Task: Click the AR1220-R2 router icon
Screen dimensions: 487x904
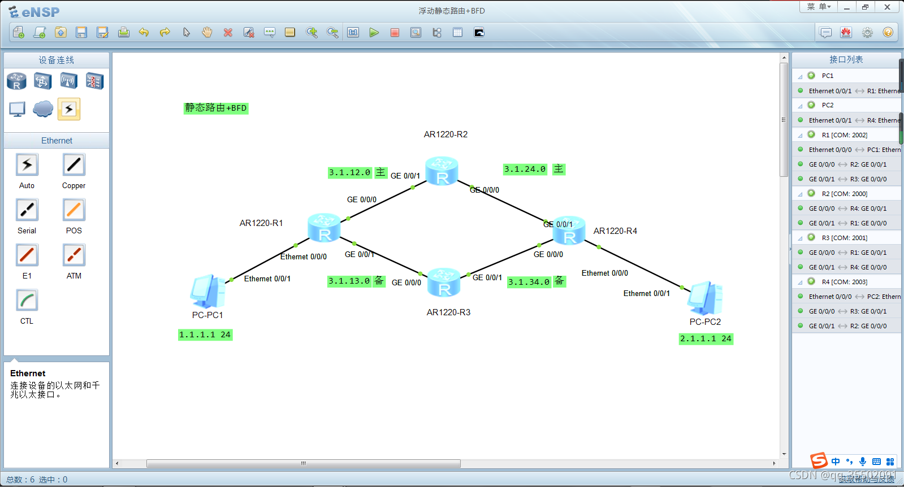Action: pyautogui.click(x=442, y=171)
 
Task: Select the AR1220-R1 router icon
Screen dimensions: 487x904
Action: pyautogui.click(x=324, y=228)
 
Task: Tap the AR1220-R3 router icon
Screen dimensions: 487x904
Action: pyautogui.click(x=444, y=282)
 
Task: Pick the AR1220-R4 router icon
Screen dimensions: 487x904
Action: pyautogui.click(x=569, y=231)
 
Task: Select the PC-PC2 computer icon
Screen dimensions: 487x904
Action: pyautogui.click(x=704, y=298)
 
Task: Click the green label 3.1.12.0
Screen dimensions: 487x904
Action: pyautogui.click(x=350, y=173)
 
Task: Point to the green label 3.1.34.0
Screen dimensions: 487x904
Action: pyautogui.click(x=529, y=282)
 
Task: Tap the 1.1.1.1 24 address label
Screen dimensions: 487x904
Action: pyautogui.click(x=205, y=335)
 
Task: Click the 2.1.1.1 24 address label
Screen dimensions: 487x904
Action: pyautogui.click(x=706, y=339)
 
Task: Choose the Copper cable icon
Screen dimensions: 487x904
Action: pyautogui.click(x=74, y=165)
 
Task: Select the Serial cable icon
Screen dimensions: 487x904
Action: pyautogui.click(x=27, y=210)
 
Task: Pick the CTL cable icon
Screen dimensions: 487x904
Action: pyautogui.click(x=27, y=301)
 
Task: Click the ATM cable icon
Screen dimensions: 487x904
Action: pyautogui.click(x=74, y=255)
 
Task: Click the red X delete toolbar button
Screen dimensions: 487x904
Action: pyautogui.click(x=228, y=33)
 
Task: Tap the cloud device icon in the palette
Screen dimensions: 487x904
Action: pyautogui.click(x=43, y=108)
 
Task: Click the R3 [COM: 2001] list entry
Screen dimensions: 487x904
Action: pyautogui.click(x=844, y=238)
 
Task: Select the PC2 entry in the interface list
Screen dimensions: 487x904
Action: pyautogui.click(x=827, y=105)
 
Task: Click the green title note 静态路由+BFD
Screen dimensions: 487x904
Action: pyautogui.click(x=216, y=108)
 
